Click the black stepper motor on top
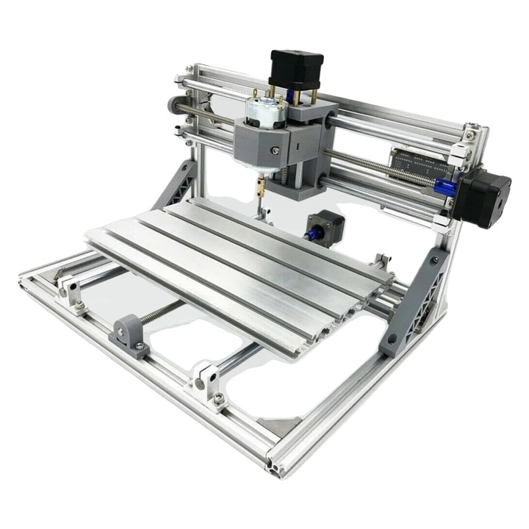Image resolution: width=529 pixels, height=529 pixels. click(x=295, y=70)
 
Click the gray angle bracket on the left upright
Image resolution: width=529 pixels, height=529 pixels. click(x=174, y=184)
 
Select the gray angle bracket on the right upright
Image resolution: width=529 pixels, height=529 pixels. click(x=415, y=301)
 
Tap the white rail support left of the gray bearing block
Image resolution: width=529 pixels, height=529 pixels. click(x=71, y=292)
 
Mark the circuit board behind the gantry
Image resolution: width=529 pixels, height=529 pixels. click(x=422, y=163)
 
